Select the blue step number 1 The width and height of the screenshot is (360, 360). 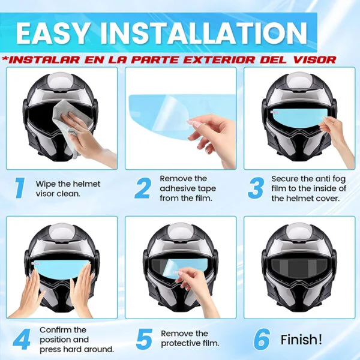click(19, 188)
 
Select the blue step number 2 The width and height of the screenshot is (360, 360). click(142, 188)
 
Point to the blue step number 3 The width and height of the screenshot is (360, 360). click(256, 188)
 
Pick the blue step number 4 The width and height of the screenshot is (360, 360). click(21, 339)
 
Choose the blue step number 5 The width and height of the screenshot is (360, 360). click(143, 339)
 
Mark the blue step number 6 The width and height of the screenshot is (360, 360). click(260, 339)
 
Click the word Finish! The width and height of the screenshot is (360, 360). click(301, 339)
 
